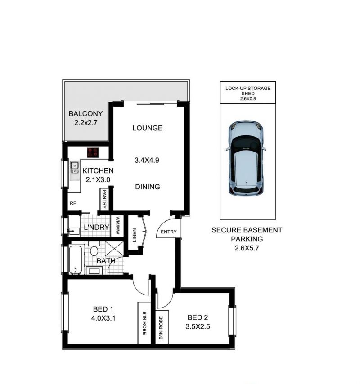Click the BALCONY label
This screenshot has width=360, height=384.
[x=85, y=114]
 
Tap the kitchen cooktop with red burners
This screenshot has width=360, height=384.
[x=93, y=152]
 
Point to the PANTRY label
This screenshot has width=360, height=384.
[x=104, y=199]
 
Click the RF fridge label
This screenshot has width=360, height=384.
[x=73, y=203]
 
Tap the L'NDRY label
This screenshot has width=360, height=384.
[x=96, y=227]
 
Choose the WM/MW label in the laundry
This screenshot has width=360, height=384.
[x=117, y=226]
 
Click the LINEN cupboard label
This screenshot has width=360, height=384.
[x=135, y=235]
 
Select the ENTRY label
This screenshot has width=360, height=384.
[x=169, y=232]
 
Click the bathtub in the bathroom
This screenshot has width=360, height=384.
[x=76, y=259]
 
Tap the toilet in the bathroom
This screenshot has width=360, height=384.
[x=94, y=249]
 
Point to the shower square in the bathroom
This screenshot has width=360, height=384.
[x=114, y=249]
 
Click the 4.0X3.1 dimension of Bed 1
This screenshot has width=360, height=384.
[x=103, y=318]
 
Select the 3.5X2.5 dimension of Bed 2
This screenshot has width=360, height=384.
[x=198, y=326]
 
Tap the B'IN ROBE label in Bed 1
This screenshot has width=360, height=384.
[x=144, y=323]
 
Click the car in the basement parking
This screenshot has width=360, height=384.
[x=246, y=158]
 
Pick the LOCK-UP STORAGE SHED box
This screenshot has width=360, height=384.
[x=248, y=93]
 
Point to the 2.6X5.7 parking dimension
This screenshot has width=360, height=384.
[x=247, y=248]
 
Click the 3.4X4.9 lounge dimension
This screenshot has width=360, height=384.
[x=147, y=160]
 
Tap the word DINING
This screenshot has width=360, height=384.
[x=148, y=187]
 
